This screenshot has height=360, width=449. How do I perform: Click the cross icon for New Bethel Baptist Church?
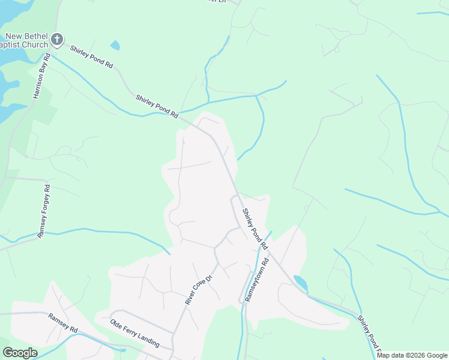[57, 40]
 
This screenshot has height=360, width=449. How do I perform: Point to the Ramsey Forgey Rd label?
[43, 212]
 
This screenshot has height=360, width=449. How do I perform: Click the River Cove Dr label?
[200, 290]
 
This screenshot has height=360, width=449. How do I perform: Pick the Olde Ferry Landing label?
[134, 334]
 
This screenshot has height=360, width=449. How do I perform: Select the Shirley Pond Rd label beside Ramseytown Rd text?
[255, 229]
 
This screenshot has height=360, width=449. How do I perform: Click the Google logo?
[20, 353]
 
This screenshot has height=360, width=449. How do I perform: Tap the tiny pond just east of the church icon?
[115, 45]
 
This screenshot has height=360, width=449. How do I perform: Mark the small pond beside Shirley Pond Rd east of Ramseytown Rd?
[300, 283]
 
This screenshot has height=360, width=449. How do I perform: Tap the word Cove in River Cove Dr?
[200, 289]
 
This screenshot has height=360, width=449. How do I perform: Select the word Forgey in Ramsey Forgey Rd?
[44, 206]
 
